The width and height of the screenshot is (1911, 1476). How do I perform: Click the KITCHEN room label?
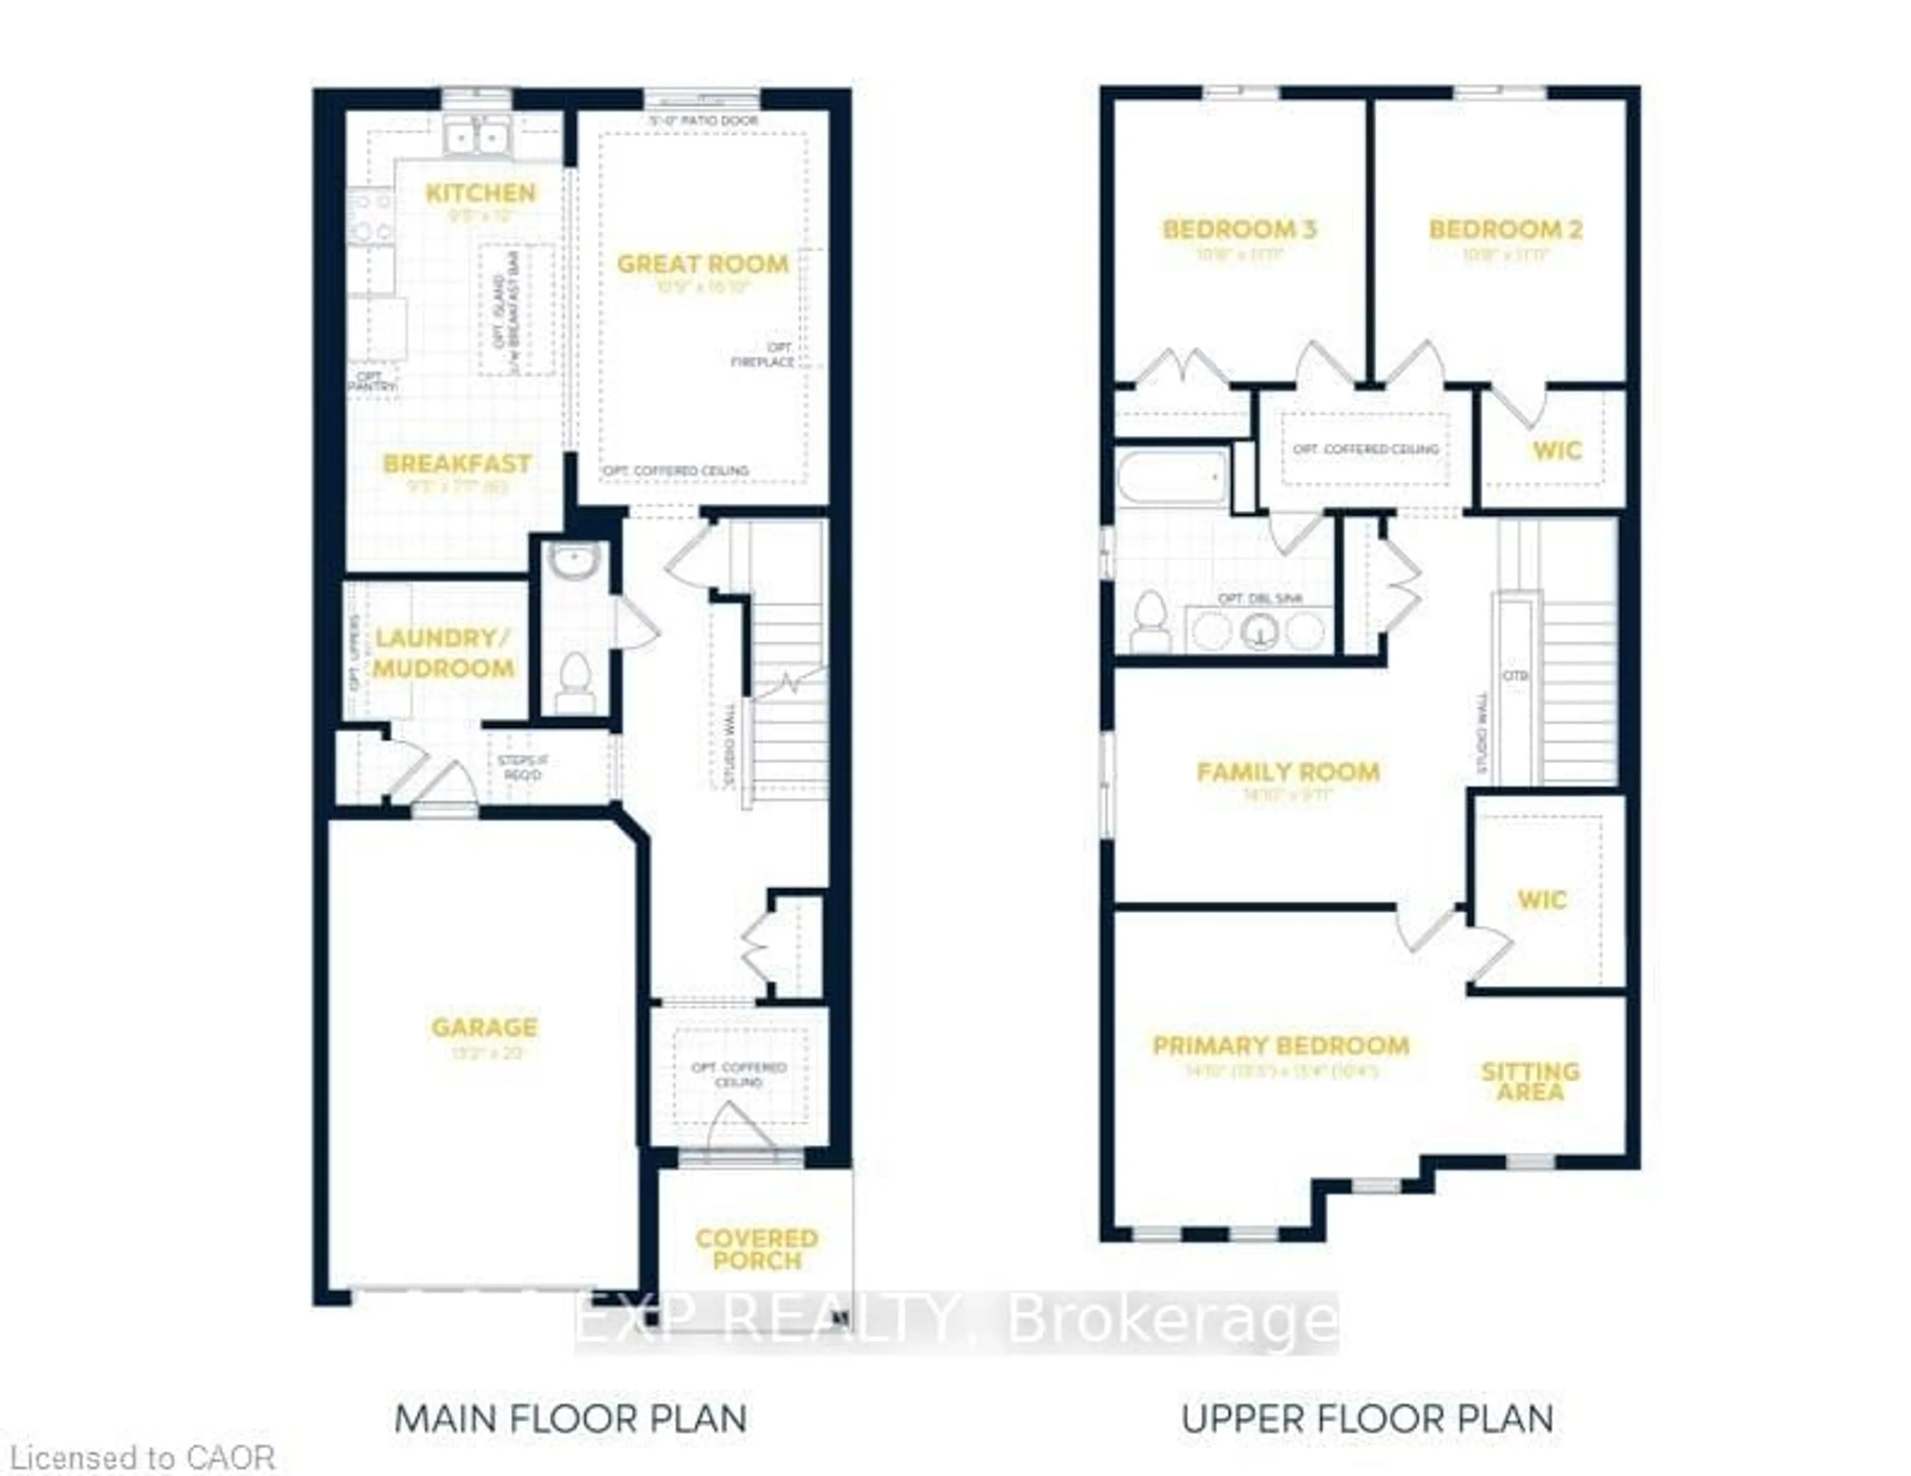point(480,194)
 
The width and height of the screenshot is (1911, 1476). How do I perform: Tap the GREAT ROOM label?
point(703,264)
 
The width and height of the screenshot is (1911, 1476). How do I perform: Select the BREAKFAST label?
point(457,464)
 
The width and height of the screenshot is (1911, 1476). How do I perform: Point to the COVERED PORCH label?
point(757,1249)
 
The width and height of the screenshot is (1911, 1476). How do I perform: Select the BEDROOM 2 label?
point(1505,230)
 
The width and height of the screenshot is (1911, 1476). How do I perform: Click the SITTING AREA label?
point(1529,1082)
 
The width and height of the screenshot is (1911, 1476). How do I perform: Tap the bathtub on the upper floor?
point(1172,478)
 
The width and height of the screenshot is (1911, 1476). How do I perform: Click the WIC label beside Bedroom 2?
point(1557,451)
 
